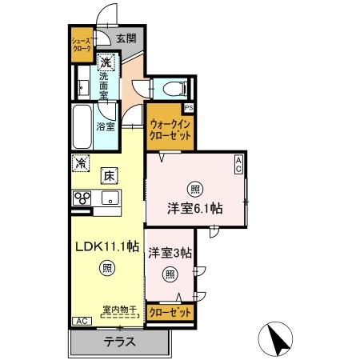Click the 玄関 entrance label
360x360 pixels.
(126, 38)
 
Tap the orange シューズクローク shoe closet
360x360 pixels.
(82, 45)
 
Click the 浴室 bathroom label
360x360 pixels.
(105, 126)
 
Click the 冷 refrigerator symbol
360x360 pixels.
(82, 162)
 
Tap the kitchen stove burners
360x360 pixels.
(82, 198)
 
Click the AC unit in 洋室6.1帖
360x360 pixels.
(238, 164)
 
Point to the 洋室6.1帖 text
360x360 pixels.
(194, 208)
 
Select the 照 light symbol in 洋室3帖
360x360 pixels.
(170, 274)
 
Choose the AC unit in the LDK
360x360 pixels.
(81, 321)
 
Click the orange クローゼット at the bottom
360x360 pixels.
(170, 313)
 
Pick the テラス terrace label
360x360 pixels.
(118, 342)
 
